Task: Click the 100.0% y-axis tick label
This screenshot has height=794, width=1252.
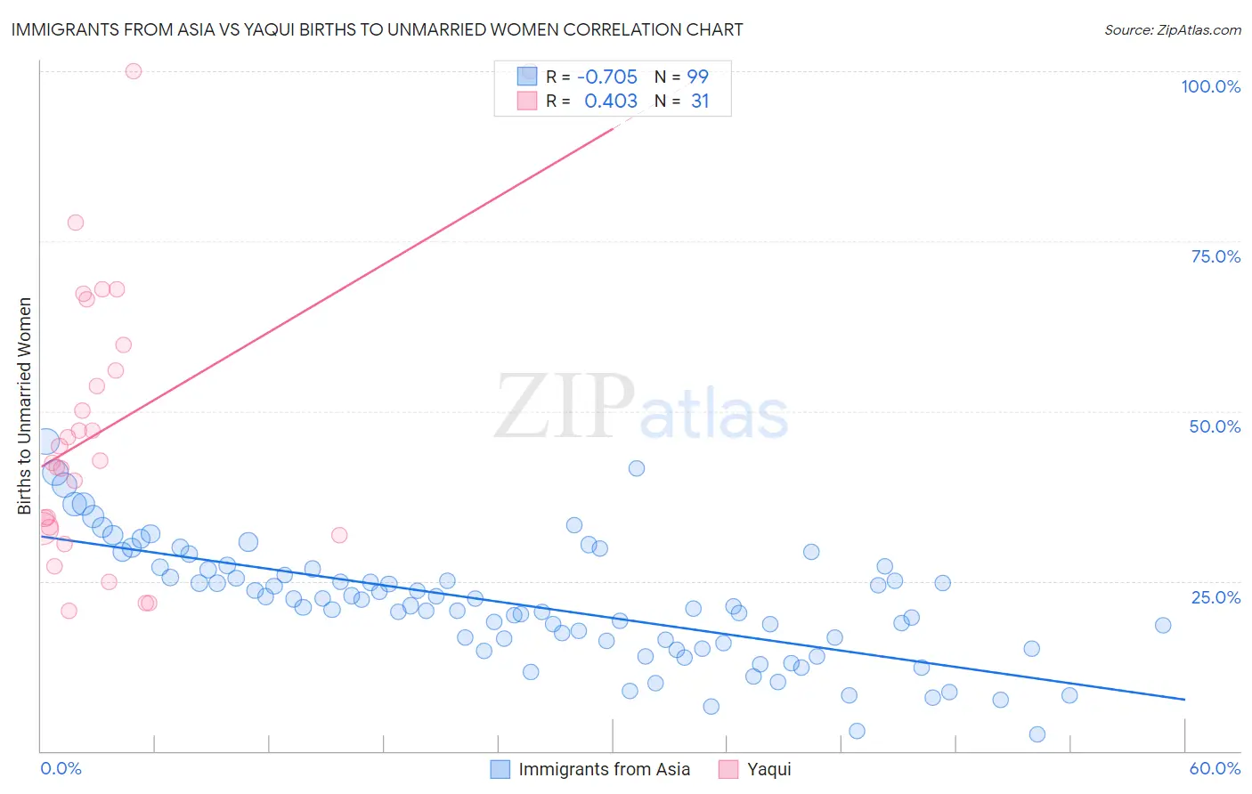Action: [x=1210, y=86]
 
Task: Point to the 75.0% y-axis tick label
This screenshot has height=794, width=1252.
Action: [x=1215, y=256]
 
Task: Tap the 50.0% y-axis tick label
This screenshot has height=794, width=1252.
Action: [x=1215, y=426]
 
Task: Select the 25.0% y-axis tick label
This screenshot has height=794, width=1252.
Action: [x=1215, y=596]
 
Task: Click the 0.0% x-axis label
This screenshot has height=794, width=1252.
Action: [x=61, y=768]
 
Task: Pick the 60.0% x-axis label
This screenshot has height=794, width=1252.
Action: [x=1215, y=768]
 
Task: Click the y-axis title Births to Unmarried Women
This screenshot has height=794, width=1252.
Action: [x=24, y=406]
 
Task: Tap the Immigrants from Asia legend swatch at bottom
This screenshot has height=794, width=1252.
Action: [x=500, y=769]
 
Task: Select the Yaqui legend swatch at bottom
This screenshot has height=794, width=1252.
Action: [x=728, y=769]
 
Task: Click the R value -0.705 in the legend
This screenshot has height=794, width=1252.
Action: [x=607, y=77]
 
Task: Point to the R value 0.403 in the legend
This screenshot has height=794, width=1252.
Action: [x=611, y=101]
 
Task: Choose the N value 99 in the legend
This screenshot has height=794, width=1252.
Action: [x=697, y=77]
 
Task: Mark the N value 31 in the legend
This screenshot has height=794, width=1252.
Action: [x=700, y=101]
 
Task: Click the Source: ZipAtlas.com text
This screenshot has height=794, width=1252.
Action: [x=1172, y=29]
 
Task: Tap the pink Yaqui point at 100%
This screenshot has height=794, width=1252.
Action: [x=134, y=71]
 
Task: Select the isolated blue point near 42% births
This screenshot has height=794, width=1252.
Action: [x=636, y=468]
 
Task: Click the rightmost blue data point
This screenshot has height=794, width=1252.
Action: [x=1163, y=625]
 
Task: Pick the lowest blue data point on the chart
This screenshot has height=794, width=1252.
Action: [x=1037, y=734]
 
